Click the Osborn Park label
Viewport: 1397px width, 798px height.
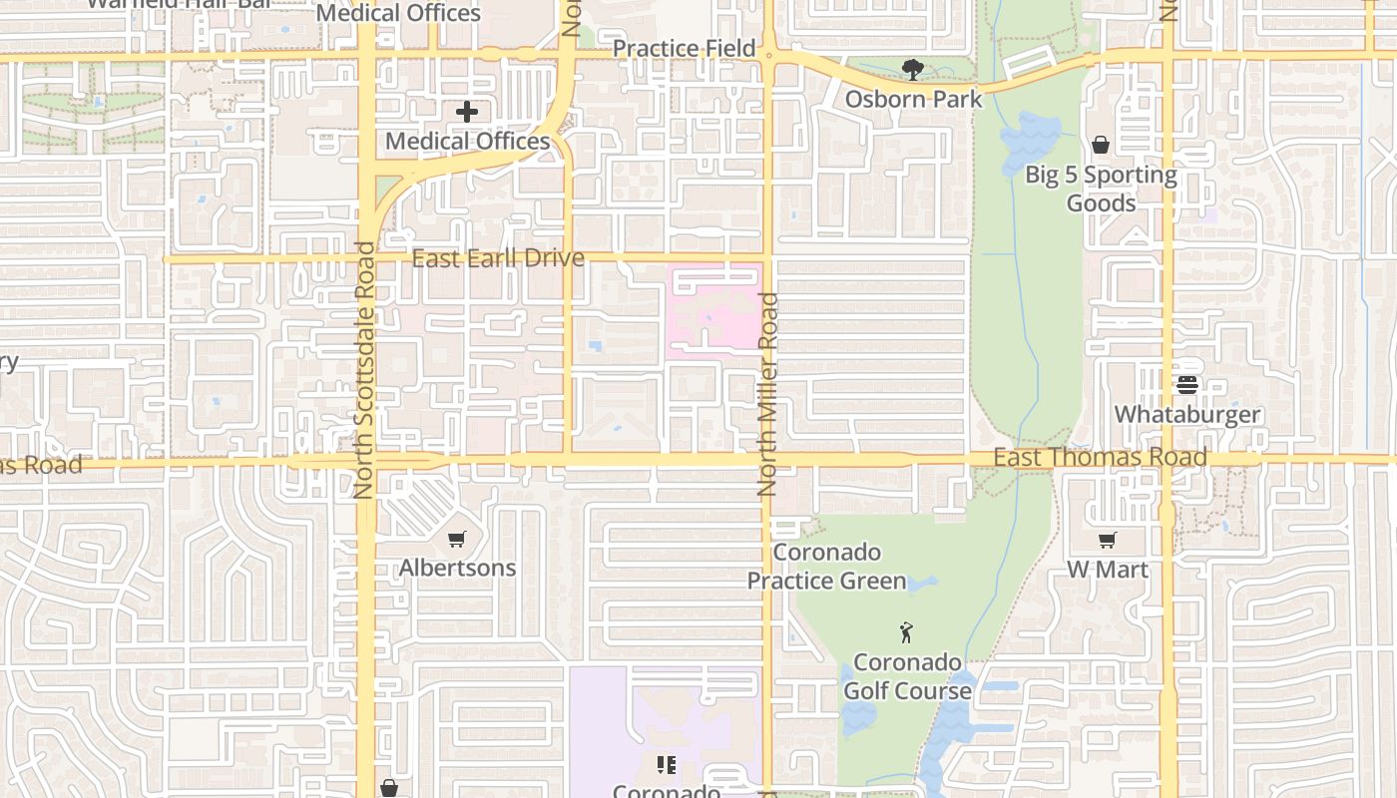click(x=913, y=99)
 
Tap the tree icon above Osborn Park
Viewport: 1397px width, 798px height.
click(x=912, y=70)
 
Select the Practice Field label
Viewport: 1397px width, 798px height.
click(x=684, y=48)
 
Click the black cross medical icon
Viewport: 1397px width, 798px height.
click(x=467, y=112)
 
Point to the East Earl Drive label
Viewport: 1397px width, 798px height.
click(x=498, y=258)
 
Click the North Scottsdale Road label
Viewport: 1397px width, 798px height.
click(x=364, y=369)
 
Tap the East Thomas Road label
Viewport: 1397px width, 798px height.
click(x=1100, y=457)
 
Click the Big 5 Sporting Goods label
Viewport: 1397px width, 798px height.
click(x=1101, y=189)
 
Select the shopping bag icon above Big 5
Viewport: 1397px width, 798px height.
click(x=1100, y=146)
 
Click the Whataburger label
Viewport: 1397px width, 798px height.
click(x=1186, y=414)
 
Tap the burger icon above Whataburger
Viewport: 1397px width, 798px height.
click(x=1186, y=384)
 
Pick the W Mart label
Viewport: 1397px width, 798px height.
click(x=1108, y=570)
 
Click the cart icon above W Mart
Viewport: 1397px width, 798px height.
click(x=1107, y=540)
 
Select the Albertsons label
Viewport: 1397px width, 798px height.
click(x=457, y=568)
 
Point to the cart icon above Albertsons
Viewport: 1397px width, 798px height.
click(x=456, y=539)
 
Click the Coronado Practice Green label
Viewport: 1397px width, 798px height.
click(x=827, y=567)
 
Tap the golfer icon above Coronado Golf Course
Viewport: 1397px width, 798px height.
click(x=906, y=632)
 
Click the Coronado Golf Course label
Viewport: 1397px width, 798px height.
click(x=907, y=676)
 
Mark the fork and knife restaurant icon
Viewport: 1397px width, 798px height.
click(x=666, y=765)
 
